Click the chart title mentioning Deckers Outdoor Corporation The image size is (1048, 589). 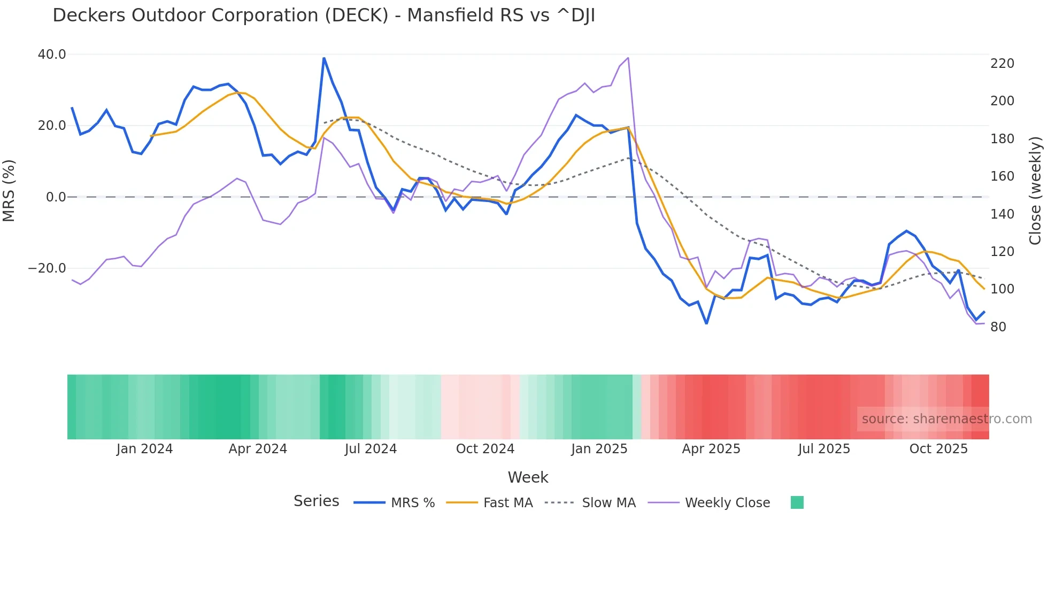pyautogui.click(x=323, y=15)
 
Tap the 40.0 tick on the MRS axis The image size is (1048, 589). pyautogui.click(x=52, y=55)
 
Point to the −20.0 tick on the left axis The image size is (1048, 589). pyautogui.click(x=47, y=268)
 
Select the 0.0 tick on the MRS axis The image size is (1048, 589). pyautogui.click(x=56, y=197)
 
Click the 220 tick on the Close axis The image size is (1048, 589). pyautogui.click(x=1002, y=64)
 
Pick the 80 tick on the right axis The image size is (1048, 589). pyautogui.click(x=998, y=327)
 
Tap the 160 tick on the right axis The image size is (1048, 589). pyautogui.click(x=1002, y=176)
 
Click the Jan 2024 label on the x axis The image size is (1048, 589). pyautogui.click(x=144, y=449)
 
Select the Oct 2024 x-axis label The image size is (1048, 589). pyautogui.click(x=485, y=449)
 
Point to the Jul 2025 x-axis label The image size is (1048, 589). pyautogui.click(x=824, y=449)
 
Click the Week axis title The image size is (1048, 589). pyautogui.click(x=528, y=477)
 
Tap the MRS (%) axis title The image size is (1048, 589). pyautogui.click(x=9, y=190)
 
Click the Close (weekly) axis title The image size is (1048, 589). pyautogui.click(x=1036, y=191)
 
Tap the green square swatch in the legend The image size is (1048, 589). pyautogui.click(x=797, y=502)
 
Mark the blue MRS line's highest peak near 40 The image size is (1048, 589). pyautogui.click(x=324, y=58)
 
